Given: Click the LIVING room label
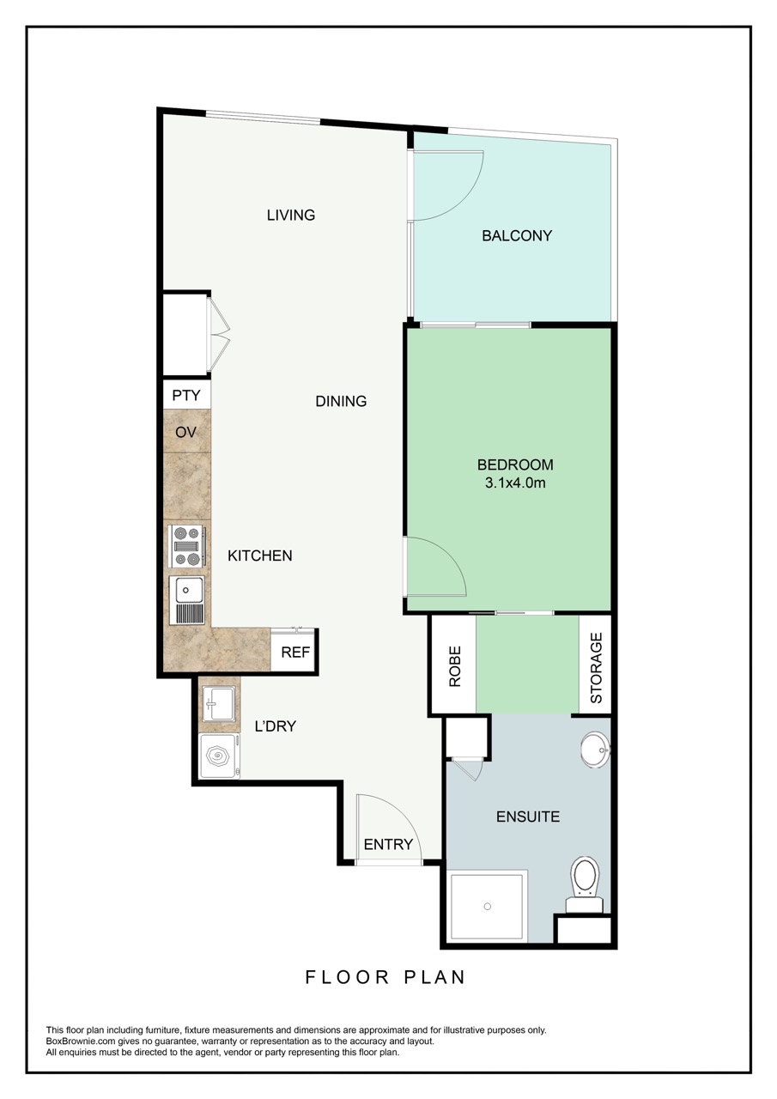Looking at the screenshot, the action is (291, 215).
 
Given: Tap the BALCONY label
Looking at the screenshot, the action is (517, 236).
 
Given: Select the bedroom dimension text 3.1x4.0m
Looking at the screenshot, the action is (515, 483).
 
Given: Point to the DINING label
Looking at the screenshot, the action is (341, 401).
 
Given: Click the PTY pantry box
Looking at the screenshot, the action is (186, 395).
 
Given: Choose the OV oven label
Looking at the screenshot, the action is (186, 432).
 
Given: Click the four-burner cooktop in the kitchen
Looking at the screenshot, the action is (187, 546).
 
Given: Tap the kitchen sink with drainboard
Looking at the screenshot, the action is (186, 600).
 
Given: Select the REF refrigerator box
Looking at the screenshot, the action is (294, 651).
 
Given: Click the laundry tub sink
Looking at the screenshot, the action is (219, 704).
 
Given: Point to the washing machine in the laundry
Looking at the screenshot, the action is (219, 756).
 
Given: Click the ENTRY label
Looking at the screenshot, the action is (388, 844).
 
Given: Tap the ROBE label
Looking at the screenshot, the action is (455, 665).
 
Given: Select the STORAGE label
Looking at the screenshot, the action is (596, 668).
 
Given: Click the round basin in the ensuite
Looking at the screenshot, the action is (596, 750).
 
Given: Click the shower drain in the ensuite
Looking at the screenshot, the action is (487, 906).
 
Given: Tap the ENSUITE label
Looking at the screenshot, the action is (528, 817).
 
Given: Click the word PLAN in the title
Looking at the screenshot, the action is (434, 977).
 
